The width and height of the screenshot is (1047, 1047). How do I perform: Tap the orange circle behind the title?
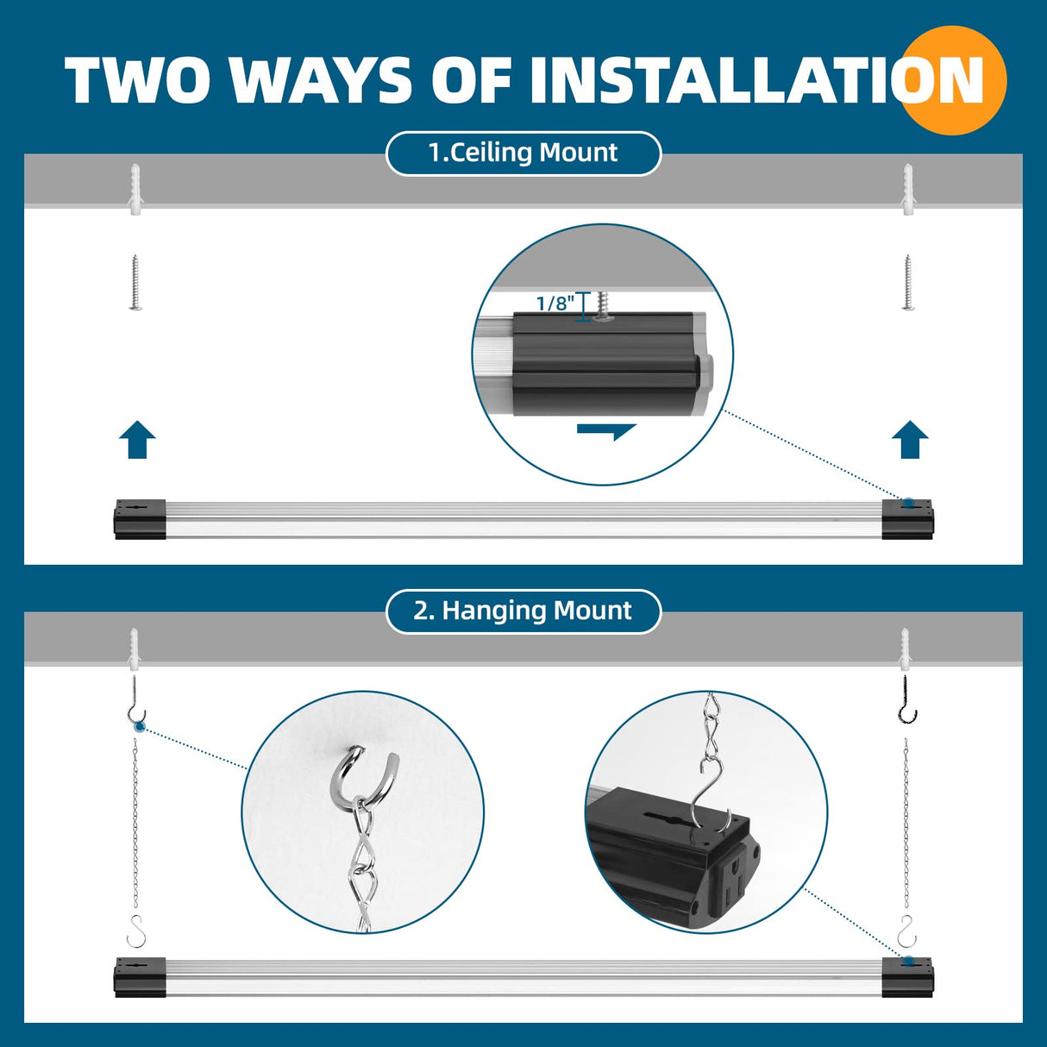pos(955,80)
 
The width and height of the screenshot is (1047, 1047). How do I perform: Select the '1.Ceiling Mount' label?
pos(523,153)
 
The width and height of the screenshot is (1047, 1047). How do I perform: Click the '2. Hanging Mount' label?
pos(523,611)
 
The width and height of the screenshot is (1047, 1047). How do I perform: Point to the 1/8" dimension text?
pos(555,304)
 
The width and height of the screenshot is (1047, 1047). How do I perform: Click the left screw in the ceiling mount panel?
pos(135,281)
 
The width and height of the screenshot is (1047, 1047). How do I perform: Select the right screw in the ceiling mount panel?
pos(907,281)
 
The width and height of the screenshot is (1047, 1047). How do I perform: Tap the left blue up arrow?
pos(137,440)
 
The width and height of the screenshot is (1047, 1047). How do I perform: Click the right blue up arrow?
pos(910,440)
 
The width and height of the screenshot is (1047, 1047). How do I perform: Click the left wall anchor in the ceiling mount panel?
pos(135,190)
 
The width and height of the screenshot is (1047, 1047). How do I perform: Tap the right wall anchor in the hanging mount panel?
pos(905,649)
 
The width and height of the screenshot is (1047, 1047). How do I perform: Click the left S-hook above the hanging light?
pos(137,931)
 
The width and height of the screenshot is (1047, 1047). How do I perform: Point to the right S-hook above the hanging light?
pos(906,931)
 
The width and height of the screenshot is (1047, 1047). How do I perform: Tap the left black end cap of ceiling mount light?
pos(140,519)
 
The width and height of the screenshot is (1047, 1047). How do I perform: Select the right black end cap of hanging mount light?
pos(907,978)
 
